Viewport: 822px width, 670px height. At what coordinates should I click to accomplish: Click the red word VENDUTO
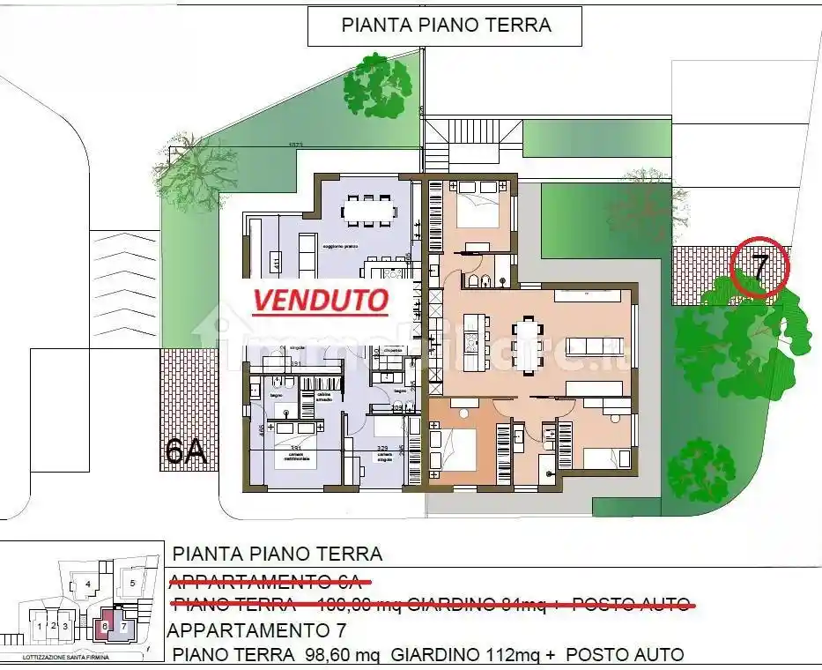[321, 300]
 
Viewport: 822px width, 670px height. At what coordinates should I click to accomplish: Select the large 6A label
[186, 451]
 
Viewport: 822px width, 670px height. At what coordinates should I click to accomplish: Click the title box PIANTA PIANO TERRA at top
[445, 25]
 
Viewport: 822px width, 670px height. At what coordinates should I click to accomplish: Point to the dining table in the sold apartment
[369, 210]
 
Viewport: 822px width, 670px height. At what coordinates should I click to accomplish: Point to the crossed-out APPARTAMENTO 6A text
[269, 580]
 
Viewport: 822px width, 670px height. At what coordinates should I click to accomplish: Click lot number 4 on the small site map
[87, 584]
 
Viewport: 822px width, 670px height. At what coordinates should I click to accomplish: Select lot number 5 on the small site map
[131, 583]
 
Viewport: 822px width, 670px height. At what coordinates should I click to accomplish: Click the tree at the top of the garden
[378, 86]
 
